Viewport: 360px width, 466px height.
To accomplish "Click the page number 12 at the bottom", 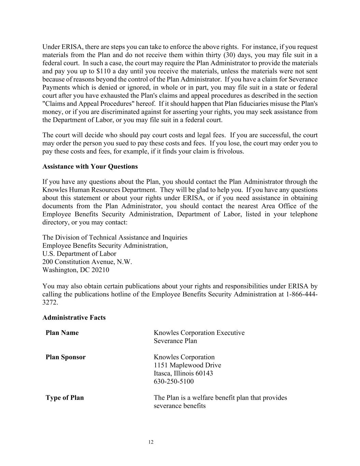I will coord(151,442).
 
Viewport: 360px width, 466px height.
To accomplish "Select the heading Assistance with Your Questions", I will coord(90,167).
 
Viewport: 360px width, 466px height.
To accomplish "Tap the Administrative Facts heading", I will coord(74,317).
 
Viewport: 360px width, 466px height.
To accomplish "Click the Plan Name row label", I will coord(62,333).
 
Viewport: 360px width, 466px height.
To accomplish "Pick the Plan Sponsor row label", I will coord(66,357).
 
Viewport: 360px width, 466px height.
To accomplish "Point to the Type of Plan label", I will coord(64,398).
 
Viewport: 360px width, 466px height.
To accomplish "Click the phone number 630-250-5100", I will coord(174,382).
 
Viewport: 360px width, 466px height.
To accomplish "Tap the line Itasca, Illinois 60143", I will coord(183,373).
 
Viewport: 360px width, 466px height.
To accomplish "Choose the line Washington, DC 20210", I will coord(76,270).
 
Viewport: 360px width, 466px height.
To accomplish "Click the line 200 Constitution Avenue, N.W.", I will coord(87,262).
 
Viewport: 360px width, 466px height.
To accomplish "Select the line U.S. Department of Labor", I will coord(79,254).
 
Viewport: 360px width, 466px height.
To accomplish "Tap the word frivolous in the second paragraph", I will coord(230,152).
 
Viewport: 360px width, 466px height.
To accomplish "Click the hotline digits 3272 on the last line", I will coord(49,302).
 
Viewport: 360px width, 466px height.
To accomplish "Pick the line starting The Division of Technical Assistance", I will coord(115,238).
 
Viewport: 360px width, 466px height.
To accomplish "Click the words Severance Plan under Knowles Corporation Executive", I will coord(175,341).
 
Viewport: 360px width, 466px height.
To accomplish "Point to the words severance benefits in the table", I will coord(179,406).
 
